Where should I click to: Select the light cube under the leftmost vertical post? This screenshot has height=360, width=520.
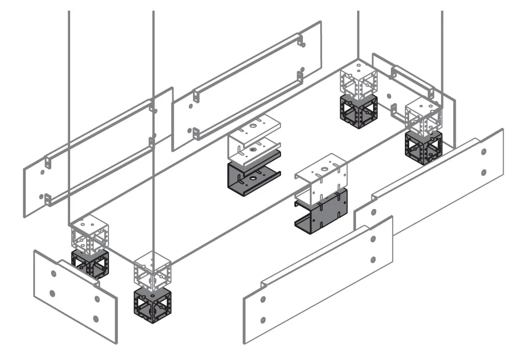pos(89,234)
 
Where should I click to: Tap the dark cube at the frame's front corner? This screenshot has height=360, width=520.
pos(152,305)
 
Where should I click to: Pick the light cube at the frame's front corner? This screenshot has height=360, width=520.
pos(152,270)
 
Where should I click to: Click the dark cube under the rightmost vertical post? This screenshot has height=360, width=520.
pos(424,147)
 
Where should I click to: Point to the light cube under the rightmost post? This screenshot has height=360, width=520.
pos(423,117)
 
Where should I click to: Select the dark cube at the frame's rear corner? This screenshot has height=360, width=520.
pos(358,111)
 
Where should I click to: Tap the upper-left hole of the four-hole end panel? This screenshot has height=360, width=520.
pos(53,273)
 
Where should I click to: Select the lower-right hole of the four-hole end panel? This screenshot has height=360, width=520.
pos(96,318)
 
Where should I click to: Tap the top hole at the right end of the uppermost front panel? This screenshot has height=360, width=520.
pos(484,152)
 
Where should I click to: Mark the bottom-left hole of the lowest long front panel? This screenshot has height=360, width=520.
pos(263,320)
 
